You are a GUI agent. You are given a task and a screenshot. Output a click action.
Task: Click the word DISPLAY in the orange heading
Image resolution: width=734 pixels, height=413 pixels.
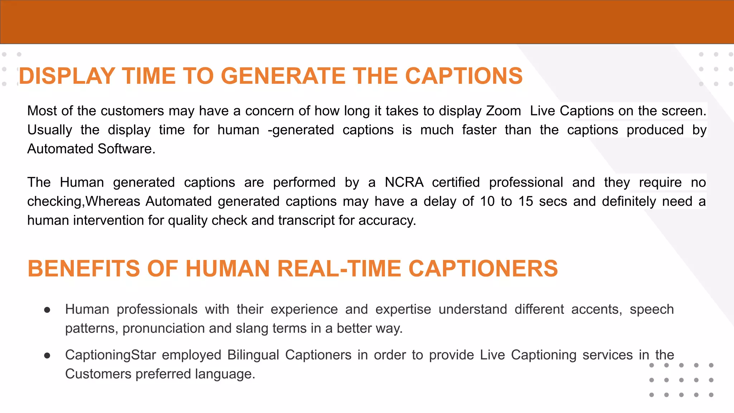67,76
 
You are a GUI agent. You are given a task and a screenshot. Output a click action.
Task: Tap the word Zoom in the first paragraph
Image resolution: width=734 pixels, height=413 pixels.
503,111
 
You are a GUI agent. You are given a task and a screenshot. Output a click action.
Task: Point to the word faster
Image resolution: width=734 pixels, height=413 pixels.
479,130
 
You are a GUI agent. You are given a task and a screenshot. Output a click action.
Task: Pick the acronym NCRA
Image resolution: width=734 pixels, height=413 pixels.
404,183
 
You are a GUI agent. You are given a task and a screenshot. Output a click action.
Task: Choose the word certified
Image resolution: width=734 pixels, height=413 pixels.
456,183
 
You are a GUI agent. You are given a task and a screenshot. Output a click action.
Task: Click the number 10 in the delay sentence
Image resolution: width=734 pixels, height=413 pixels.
487,202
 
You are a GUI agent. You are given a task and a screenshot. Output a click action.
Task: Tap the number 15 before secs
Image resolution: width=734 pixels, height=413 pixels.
526,202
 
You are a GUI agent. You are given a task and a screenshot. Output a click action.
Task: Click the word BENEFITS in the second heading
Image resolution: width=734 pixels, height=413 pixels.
84,269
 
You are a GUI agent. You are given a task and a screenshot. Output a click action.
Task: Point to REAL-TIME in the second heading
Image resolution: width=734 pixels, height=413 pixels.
339,269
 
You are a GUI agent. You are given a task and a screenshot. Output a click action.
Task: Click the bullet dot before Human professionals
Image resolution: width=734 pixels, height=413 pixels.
47,310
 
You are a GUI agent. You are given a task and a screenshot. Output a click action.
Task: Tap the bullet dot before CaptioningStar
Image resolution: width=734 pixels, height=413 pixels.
47,355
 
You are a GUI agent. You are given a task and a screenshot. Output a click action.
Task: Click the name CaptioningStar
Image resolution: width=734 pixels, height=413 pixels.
110,355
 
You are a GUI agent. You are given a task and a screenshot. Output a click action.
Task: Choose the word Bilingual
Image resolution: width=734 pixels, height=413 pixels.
253,355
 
